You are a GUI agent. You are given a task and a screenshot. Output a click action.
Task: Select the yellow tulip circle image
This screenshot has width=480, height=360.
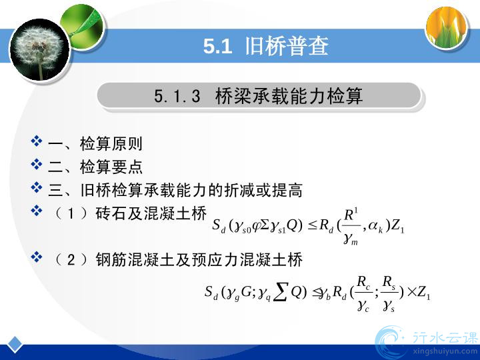447,27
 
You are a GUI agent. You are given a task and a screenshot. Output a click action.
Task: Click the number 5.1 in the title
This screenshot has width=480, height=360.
217,47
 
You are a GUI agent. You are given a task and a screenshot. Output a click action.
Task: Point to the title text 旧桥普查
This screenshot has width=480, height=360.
287,46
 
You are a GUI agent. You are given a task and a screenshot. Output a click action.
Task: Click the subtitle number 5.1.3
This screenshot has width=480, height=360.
177,96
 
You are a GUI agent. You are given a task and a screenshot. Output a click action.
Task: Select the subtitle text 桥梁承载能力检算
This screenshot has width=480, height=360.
289,95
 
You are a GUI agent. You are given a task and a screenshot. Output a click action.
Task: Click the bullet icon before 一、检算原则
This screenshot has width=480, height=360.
37,141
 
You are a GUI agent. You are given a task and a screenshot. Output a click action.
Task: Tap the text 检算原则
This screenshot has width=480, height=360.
111,143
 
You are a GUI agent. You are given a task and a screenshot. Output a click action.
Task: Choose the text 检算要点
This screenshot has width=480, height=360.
111,167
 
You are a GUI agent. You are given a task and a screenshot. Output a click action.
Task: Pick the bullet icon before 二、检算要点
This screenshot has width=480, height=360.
37,164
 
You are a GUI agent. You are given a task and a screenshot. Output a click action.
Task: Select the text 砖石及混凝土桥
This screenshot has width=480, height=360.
151,213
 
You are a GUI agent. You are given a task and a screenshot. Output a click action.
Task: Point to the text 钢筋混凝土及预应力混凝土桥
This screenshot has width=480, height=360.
199,259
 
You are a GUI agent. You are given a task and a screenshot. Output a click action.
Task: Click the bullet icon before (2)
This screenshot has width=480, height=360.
37,257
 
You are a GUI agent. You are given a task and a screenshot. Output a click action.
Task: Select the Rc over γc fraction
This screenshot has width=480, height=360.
364,293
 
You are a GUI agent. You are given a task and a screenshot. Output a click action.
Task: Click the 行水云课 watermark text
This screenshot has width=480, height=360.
445,338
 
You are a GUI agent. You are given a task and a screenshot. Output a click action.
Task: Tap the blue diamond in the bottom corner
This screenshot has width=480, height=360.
14,345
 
